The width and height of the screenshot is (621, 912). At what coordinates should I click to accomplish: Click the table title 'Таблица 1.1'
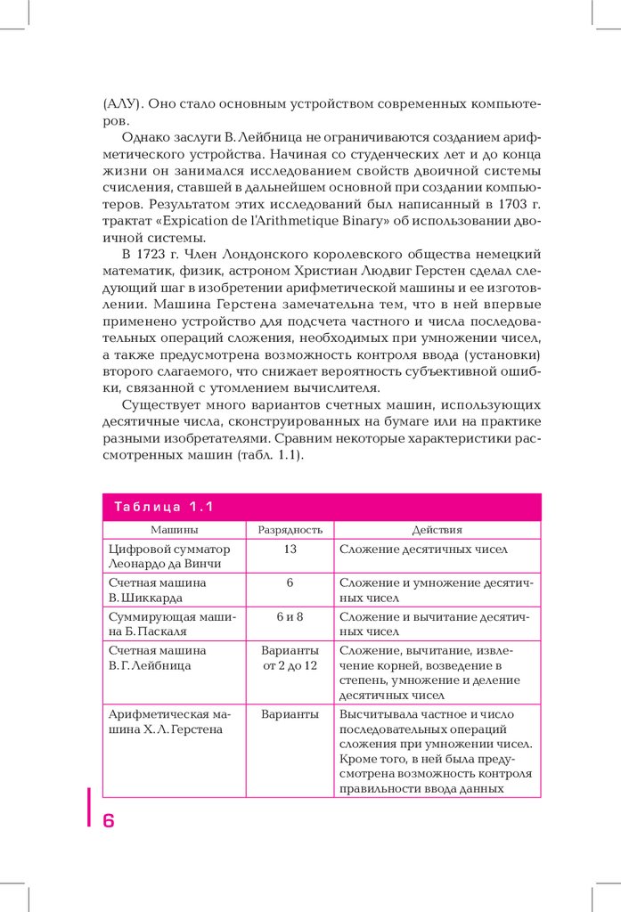pyautogui.click(x=164, y=508)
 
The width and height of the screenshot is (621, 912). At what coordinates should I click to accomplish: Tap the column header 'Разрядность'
pyautogui.click(x=290, y=529)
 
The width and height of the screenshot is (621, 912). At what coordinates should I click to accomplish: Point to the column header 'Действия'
pyautogui.click(x=437, y=529)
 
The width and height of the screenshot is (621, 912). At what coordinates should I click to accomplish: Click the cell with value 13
pyautogui.click(x=290, y=549)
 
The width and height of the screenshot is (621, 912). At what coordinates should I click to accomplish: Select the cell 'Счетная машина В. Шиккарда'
pyautogui.click(x=157, y=589)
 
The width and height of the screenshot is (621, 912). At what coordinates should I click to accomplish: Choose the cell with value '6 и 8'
pyautogui.click(x=290, y=615)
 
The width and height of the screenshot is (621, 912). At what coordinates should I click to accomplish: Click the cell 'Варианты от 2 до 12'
pyautogui.click(x=290, y=658)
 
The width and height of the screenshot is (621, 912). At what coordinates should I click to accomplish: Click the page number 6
pyautogui.click(x=109, y=821)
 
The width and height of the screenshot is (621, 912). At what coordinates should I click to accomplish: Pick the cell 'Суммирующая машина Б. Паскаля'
pyautogui.click(x=170, y=623)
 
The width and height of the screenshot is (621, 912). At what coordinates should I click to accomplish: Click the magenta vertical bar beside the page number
pyautogui.click(x=89, y=807)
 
